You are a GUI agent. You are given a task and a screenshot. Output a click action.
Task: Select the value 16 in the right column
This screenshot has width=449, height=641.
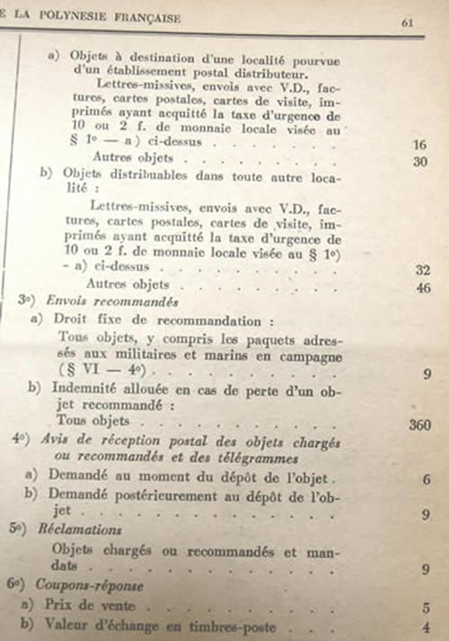pyautogui.click(x=418, y=144)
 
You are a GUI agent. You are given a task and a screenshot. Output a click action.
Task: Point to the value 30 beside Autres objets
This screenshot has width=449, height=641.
pyautogui.click(x=419, y=162)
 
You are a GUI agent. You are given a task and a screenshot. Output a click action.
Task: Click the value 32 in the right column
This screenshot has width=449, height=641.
pyautogui.click(x=424, y=268)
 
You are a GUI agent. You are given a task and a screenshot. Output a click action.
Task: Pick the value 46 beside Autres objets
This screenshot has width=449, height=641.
pyautogui.click(x=425, y=288)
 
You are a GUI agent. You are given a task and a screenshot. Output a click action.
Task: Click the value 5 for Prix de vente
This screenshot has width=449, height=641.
pyautogui.click(x=427, y=607)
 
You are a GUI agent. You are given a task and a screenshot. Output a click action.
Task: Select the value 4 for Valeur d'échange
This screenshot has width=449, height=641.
pyautogui.click(x=427, y=628)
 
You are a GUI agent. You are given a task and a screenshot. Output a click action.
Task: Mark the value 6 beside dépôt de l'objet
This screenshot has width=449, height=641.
pyautogui.click(x=425, y=480)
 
